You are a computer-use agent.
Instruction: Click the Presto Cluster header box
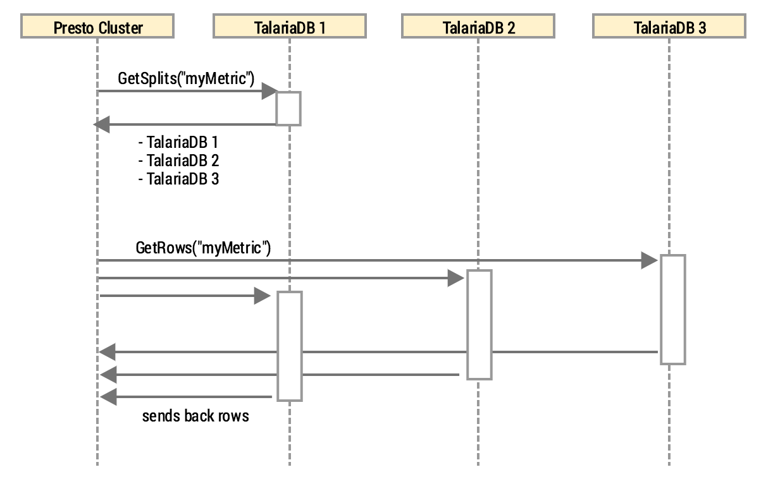coord(98,27)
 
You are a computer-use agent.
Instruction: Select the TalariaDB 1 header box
coord(289,27)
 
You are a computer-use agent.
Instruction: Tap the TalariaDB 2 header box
coord(478,27)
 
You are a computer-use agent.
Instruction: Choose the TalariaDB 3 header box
coord(669,27)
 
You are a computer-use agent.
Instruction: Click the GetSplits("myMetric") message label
coord(186,79)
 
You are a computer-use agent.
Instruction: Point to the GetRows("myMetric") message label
coord(203,248)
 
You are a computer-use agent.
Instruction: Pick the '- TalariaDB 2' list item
coord(178,161)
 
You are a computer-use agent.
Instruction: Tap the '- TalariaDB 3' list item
coord(178,179)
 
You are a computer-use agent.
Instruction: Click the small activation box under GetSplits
coord(288,108)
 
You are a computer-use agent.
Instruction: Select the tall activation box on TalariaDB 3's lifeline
coord(673,309)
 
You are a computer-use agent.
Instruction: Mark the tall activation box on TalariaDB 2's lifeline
coord(479,324)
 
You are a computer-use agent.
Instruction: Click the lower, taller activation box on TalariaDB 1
coord(289,346)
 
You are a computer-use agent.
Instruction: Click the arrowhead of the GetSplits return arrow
coord(102,124)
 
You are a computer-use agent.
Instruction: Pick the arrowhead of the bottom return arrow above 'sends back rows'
coord(108,397)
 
